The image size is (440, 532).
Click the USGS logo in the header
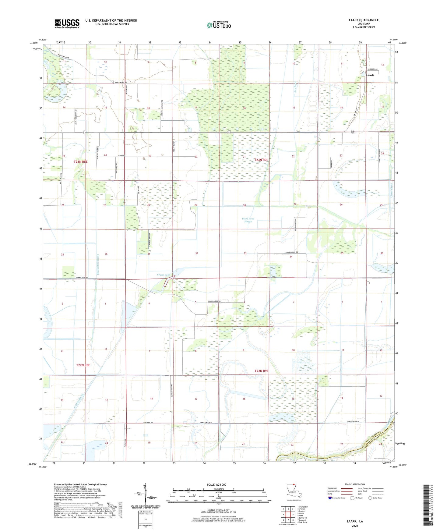click(67, 23)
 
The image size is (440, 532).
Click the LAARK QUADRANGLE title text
click(364, 20)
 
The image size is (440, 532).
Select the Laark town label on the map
click(370, 75)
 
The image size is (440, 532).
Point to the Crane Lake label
click(163, 275)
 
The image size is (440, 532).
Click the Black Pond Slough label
click(248, 220)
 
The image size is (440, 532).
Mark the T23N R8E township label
click(80, 161)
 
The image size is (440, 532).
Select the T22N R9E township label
click(262, 371)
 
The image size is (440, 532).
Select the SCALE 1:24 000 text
click(216, 485)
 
